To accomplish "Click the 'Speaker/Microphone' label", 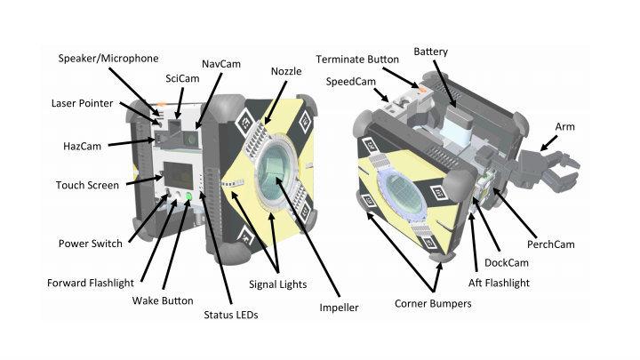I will pos(108,59).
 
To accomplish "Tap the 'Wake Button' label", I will pos(162,300).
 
